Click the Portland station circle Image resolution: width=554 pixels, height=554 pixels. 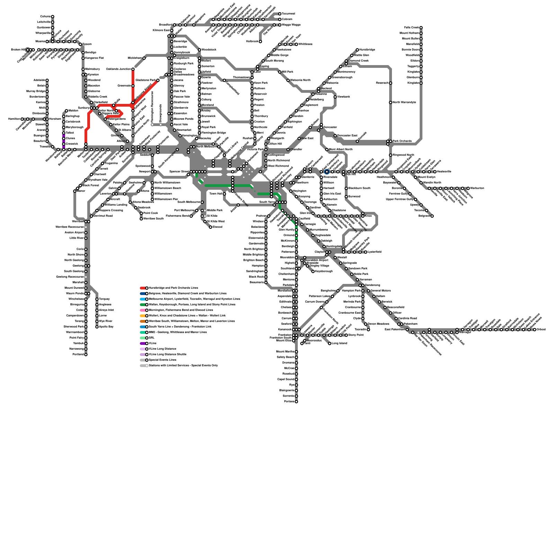86,355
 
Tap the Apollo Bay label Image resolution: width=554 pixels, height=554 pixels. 106,327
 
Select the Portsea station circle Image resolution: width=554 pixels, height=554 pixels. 296,402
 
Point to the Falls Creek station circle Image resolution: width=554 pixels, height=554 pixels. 421,28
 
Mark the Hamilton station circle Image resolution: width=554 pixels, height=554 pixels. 22,119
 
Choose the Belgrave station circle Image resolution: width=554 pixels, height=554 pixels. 432,216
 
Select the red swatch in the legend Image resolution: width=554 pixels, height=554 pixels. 142,288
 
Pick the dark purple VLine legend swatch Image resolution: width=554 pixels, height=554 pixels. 142,343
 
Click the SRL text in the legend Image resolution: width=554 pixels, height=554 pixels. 151,338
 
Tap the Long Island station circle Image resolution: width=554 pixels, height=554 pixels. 330,343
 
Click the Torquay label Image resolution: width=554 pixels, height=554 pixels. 105,299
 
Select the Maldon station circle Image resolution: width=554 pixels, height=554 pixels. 66,111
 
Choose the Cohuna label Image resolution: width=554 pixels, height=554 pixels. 45,17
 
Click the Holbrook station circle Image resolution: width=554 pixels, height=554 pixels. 260,42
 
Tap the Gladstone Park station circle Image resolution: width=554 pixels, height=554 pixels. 158,80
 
